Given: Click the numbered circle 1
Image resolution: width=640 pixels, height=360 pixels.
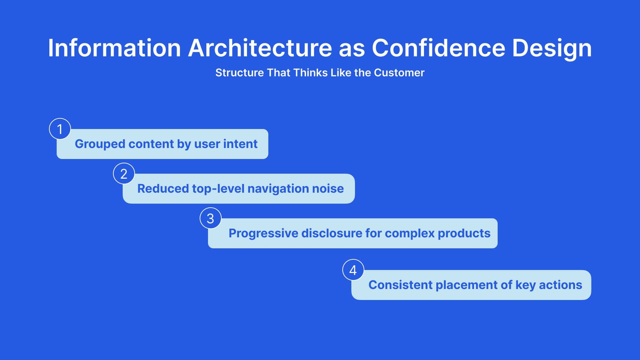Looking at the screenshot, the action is click(60, 129).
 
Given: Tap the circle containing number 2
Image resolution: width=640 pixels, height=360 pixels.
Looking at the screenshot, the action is click(124, 174).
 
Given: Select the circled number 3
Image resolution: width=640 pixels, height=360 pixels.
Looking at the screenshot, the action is click(210, 218).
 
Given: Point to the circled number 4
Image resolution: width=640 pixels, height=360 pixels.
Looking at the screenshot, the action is click(353, 270).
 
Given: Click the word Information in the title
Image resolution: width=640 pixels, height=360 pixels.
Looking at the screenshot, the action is click(114, 48).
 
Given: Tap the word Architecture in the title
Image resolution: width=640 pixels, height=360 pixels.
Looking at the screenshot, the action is click(260, 48).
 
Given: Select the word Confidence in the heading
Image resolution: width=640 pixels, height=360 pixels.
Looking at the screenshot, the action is click(439, 48).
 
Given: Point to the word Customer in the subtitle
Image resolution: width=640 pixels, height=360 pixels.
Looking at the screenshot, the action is click(399, 73).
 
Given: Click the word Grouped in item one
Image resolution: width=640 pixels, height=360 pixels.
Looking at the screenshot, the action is click(100, 144).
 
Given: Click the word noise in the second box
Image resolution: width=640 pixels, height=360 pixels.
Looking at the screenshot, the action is click(328, 189).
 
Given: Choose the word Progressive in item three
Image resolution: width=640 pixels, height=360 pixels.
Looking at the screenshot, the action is click(263, 234).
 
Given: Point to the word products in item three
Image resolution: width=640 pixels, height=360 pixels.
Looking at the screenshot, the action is click(464, 234).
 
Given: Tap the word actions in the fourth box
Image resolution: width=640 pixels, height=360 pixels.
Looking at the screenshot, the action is click(561, 285).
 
